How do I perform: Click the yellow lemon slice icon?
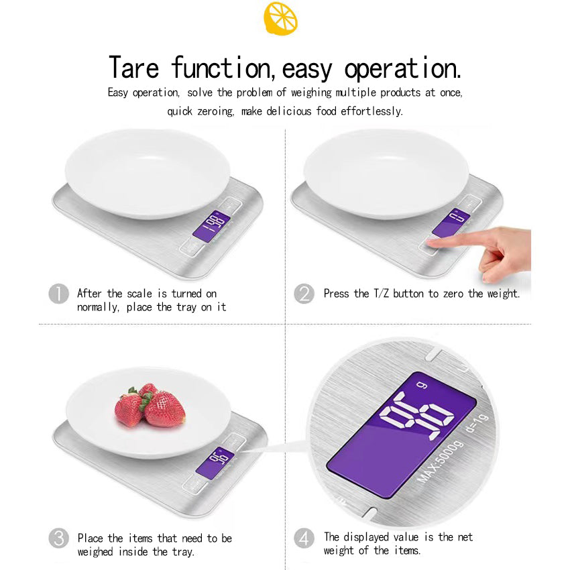click(x=280, y=18)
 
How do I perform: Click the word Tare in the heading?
click(x=133, y=67)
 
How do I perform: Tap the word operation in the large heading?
click(x=402, y=68)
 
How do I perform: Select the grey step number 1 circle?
click(x=58, y=294)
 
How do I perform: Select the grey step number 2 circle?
click(x=304, y=294)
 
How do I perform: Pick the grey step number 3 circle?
click(x=58, y=538)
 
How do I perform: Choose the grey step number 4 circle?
click(x=304, y=538)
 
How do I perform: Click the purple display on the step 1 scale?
click(x=211, y=227)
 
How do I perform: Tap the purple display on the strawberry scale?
click(x=215, y=461)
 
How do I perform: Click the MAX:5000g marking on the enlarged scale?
click(x=441, y=462)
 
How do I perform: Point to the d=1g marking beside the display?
click(x=477, y=424)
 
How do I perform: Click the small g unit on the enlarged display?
click(x=422, y=385)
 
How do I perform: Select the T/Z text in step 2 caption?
click(x=382, y=293)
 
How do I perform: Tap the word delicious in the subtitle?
click(x=289, y=111)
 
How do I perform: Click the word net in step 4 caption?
click(x=465, y=537)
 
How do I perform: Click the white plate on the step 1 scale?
click(x=148, y=174)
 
